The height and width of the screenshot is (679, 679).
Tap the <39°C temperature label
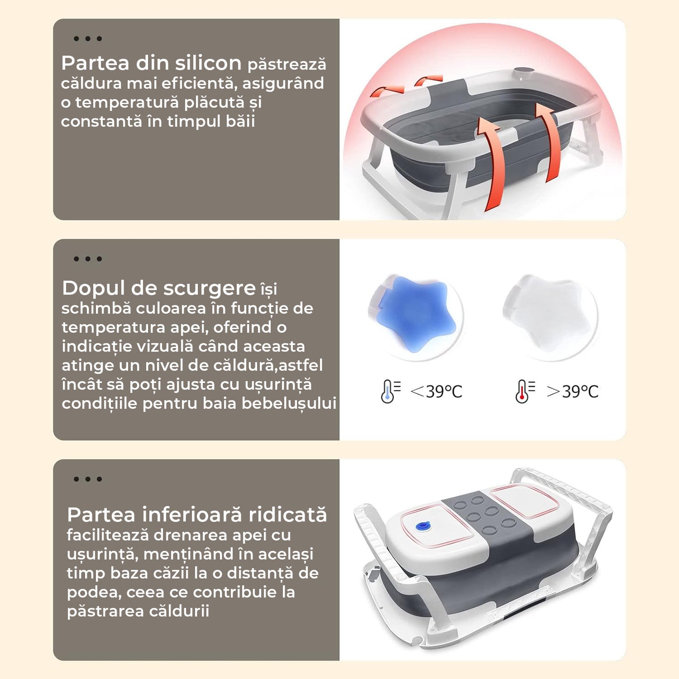(437, 391)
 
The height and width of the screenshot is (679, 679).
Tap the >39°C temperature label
(572, 391)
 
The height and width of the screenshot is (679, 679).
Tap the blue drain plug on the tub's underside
(424, 527)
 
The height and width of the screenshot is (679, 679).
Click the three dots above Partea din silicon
(88, 39)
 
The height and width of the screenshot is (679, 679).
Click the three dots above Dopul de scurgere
(88, 259)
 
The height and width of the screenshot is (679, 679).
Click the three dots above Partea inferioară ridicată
(88, 479)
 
